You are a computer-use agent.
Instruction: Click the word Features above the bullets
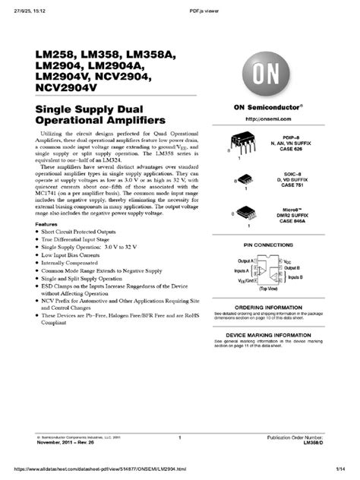click(x=47, y=226)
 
